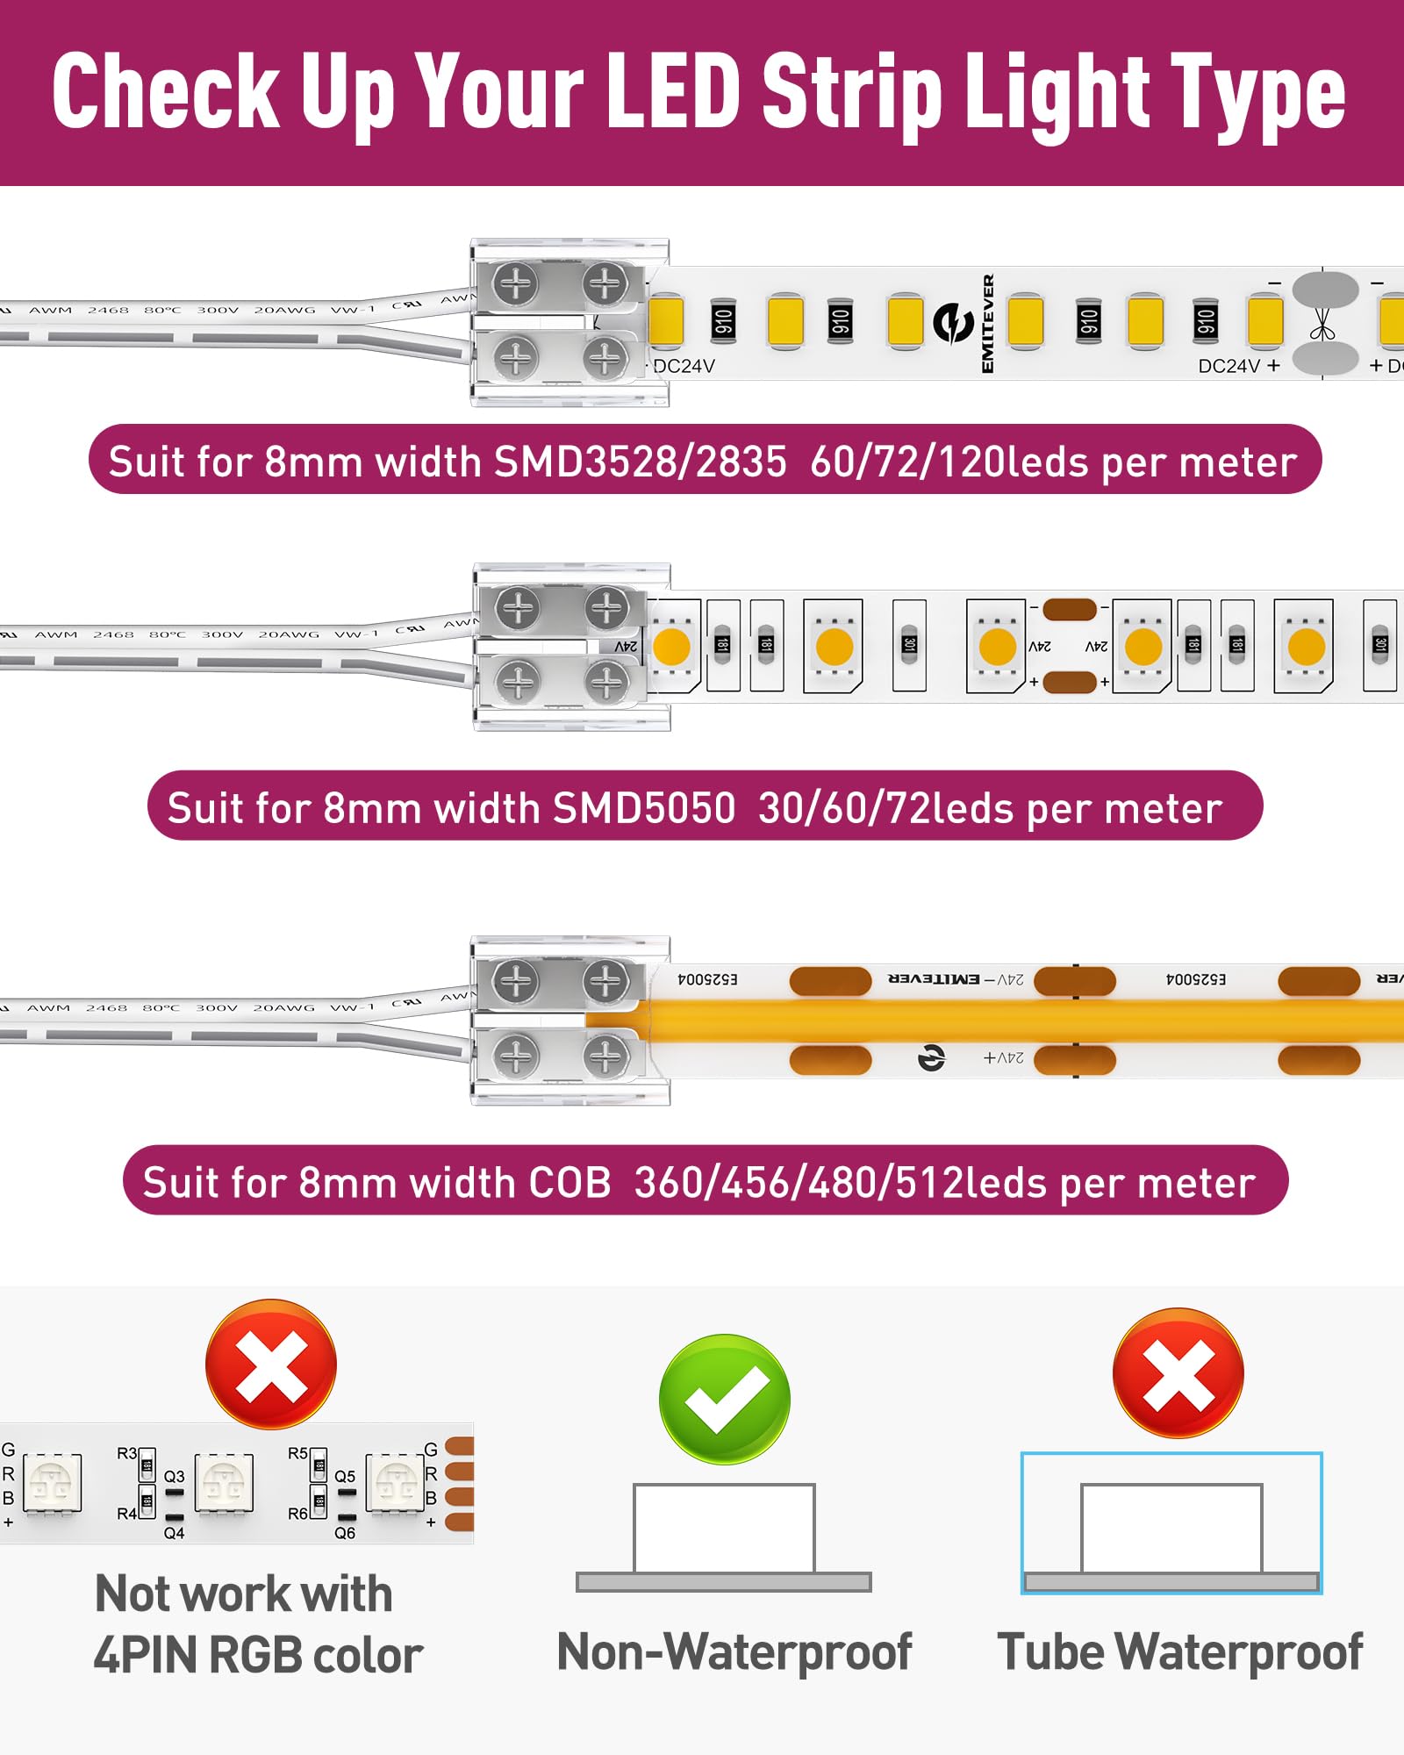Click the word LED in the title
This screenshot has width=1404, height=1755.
click(674, 91)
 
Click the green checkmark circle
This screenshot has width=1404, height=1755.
click(725, 1399)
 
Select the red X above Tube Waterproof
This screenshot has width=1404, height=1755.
click(1178, 1372)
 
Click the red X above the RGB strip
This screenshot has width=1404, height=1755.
click(271, 1364)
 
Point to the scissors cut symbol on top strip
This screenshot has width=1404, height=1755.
click(1323, 324)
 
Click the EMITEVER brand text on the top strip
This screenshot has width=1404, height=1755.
click(988, 324)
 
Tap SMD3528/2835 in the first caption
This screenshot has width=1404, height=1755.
click(641, 462)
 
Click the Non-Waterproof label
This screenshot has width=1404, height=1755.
click(734, 1651)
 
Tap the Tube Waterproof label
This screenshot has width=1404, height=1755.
click(1179, 1651)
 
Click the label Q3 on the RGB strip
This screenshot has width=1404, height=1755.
click(174, 1477)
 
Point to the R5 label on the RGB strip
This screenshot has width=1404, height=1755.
click(297, 1453)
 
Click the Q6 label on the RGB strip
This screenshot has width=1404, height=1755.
click(345, 1533)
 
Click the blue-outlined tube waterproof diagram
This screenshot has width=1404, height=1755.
click(1171, 1522)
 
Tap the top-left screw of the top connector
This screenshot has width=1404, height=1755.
click(515, 283)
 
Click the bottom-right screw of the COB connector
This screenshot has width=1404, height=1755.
click(605, 1054)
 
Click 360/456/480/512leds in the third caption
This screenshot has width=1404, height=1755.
click(841, 1182)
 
